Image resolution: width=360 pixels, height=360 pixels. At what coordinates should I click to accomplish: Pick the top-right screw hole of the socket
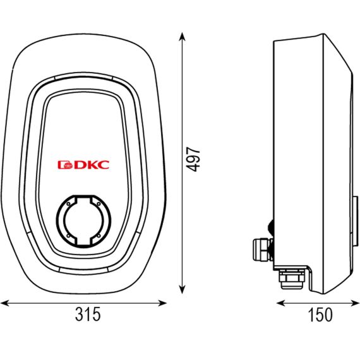[99, 204]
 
